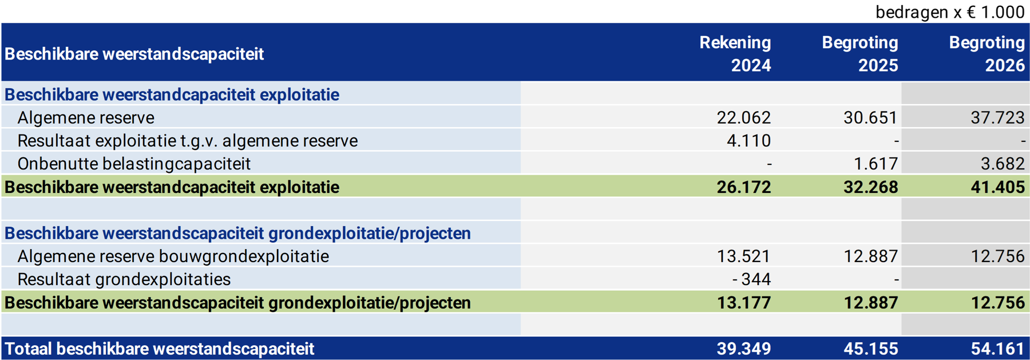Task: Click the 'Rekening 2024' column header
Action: click(x=735, y=54)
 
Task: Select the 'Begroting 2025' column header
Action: click(x=860, y=54)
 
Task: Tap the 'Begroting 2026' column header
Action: click(x=987, y=54)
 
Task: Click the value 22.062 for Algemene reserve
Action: click(x=744, y=117)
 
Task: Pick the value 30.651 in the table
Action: click(x=871, y=117)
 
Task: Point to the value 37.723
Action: click(x=998, y=117)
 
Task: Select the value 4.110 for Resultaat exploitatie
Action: click(x=749, y=140)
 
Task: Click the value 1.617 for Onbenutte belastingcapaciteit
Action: click(x=876, y=164)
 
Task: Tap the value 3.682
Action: click(x=1003, y=164)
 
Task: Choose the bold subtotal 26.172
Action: click(x=744, y=187)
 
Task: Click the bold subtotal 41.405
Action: click(x=998, y=187)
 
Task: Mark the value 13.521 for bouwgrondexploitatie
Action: click(x=744, y=256)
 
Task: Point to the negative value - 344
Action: click(x=752, y=279)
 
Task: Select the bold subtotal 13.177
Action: click(x=744, y=302)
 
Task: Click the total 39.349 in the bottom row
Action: click(x=744, y=349)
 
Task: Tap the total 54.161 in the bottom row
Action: click(x=998, y=349)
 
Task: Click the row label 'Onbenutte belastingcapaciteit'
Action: click(x=134, y=164)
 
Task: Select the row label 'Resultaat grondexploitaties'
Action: click(x=124, y=279)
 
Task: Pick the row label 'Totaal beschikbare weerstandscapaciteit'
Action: click(x=160, y=349)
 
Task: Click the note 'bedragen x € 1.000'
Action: click(x=950, y=12)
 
